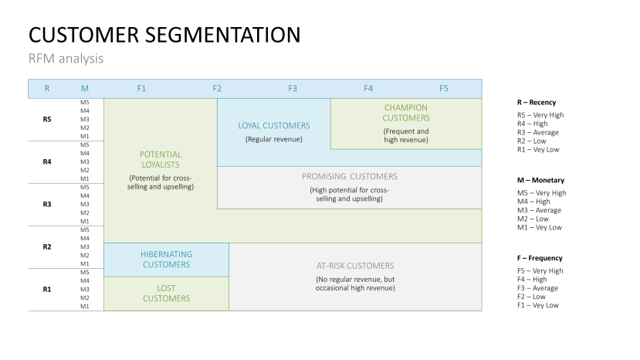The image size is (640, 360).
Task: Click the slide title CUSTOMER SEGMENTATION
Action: pyautogui.click(x=164, y=35)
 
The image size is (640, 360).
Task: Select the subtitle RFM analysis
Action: pyautogui.click(x=66, y=59)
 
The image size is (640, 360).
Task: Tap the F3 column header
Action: pyautogui.click(x=293, y=88)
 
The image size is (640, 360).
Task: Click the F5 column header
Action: pyautogui.click(x=444, y=88)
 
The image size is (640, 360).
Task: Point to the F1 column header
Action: pyautogui.click(x=141, y=88)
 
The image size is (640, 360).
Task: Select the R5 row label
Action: pyautogui.click(x=47, y=120)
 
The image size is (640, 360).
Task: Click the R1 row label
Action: pyautogui.click(x=47, y=289)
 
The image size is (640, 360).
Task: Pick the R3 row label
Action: pyautogui.click(x=47, y=204)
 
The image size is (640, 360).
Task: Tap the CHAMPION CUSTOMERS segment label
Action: pyautogui.click(x=406, y=113)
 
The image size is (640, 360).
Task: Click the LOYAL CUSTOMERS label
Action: pyautogui.click(x=274, y=125)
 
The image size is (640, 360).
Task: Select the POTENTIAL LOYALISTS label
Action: pyautogui.click(x=161, y=159)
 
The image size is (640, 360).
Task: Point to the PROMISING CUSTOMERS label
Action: pyautogui.click(x=350, y=176)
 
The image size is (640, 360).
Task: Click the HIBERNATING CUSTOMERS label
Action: pyautogui.click(x=166, y=260)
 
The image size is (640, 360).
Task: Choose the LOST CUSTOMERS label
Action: pyautogui.click(x=166, y=293)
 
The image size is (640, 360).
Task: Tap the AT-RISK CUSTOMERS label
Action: pyautogui.click(x=355, y=265)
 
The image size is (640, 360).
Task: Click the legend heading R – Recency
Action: pyautogui.click(x=537, y=102)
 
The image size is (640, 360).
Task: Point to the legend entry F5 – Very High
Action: pyautogui.click(x=540, y=271)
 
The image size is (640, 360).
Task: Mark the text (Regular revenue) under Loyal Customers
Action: pyautogui.click(x=274, y=139)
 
